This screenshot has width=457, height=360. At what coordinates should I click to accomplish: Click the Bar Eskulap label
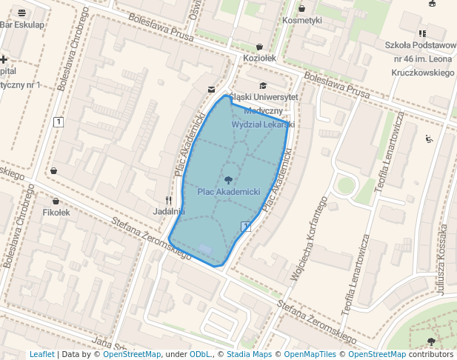(23, 24)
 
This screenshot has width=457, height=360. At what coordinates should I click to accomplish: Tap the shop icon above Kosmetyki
(301, 8)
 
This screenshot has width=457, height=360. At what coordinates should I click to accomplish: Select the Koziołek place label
(259, 58)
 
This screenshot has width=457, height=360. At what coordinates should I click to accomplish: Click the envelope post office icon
(212, 89)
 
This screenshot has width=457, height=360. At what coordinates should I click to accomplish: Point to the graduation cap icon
(263, 86)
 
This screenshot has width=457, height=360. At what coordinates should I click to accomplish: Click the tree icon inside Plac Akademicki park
(228, 179)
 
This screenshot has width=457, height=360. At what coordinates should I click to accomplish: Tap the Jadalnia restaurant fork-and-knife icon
(168, 200)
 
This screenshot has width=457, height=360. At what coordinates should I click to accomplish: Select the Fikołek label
(56, 213)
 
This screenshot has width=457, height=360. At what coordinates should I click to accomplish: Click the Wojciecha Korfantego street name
(309, 240)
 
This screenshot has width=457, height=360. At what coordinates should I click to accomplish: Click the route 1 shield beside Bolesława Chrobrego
(59, 121)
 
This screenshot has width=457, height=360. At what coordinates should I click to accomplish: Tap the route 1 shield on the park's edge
(246, 226)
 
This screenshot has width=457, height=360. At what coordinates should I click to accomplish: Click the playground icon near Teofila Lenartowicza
(429, 138)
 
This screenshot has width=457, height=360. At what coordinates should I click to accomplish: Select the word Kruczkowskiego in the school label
(423, 73)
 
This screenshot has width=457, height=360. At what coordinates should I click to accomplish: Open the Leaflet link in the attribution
(42, 355)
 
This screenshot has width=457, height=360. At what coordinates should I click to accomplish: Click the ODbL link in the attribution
(200, 355)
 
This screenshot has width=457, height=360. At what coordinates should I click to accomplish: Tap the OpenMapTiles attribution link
(310, 355)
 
